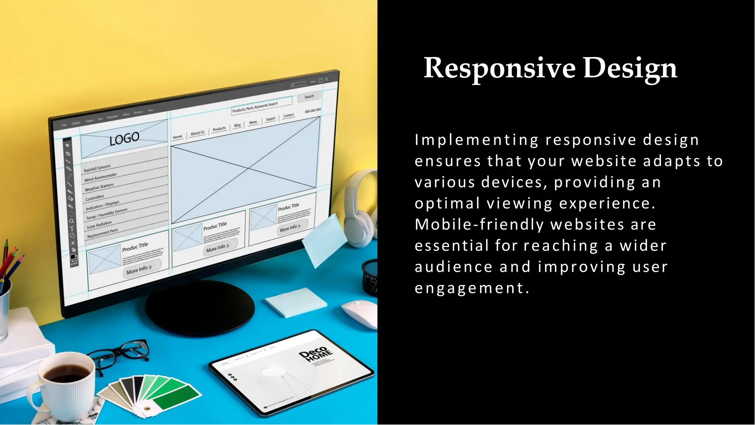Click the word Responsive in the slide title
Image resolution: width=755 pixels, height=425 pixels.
point(500,68)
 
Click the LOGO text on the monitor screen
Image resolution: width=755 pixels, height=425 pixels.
point(124,139)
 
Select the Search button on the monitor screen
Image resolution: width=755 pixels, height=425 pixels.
point(309,97)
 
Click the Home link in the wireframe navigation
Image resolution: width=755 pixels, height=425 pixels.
point(177,137)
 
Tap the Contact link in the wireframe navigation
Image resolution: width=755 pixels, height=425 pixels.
point(288,115)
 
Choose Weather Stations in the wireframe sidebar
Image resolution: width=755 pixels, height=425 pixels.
point(99,187)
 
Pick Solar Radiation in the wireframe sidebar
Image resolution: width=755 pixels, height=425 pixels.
point(99,224)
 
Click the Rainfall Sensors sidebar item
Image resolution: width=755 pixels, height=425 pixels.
point(97,168)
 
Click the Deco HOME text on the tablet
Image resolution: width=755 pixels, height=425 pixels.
point(314,354)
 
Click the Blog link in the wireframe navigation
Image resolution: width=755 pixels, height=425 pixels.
point(237,125)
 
